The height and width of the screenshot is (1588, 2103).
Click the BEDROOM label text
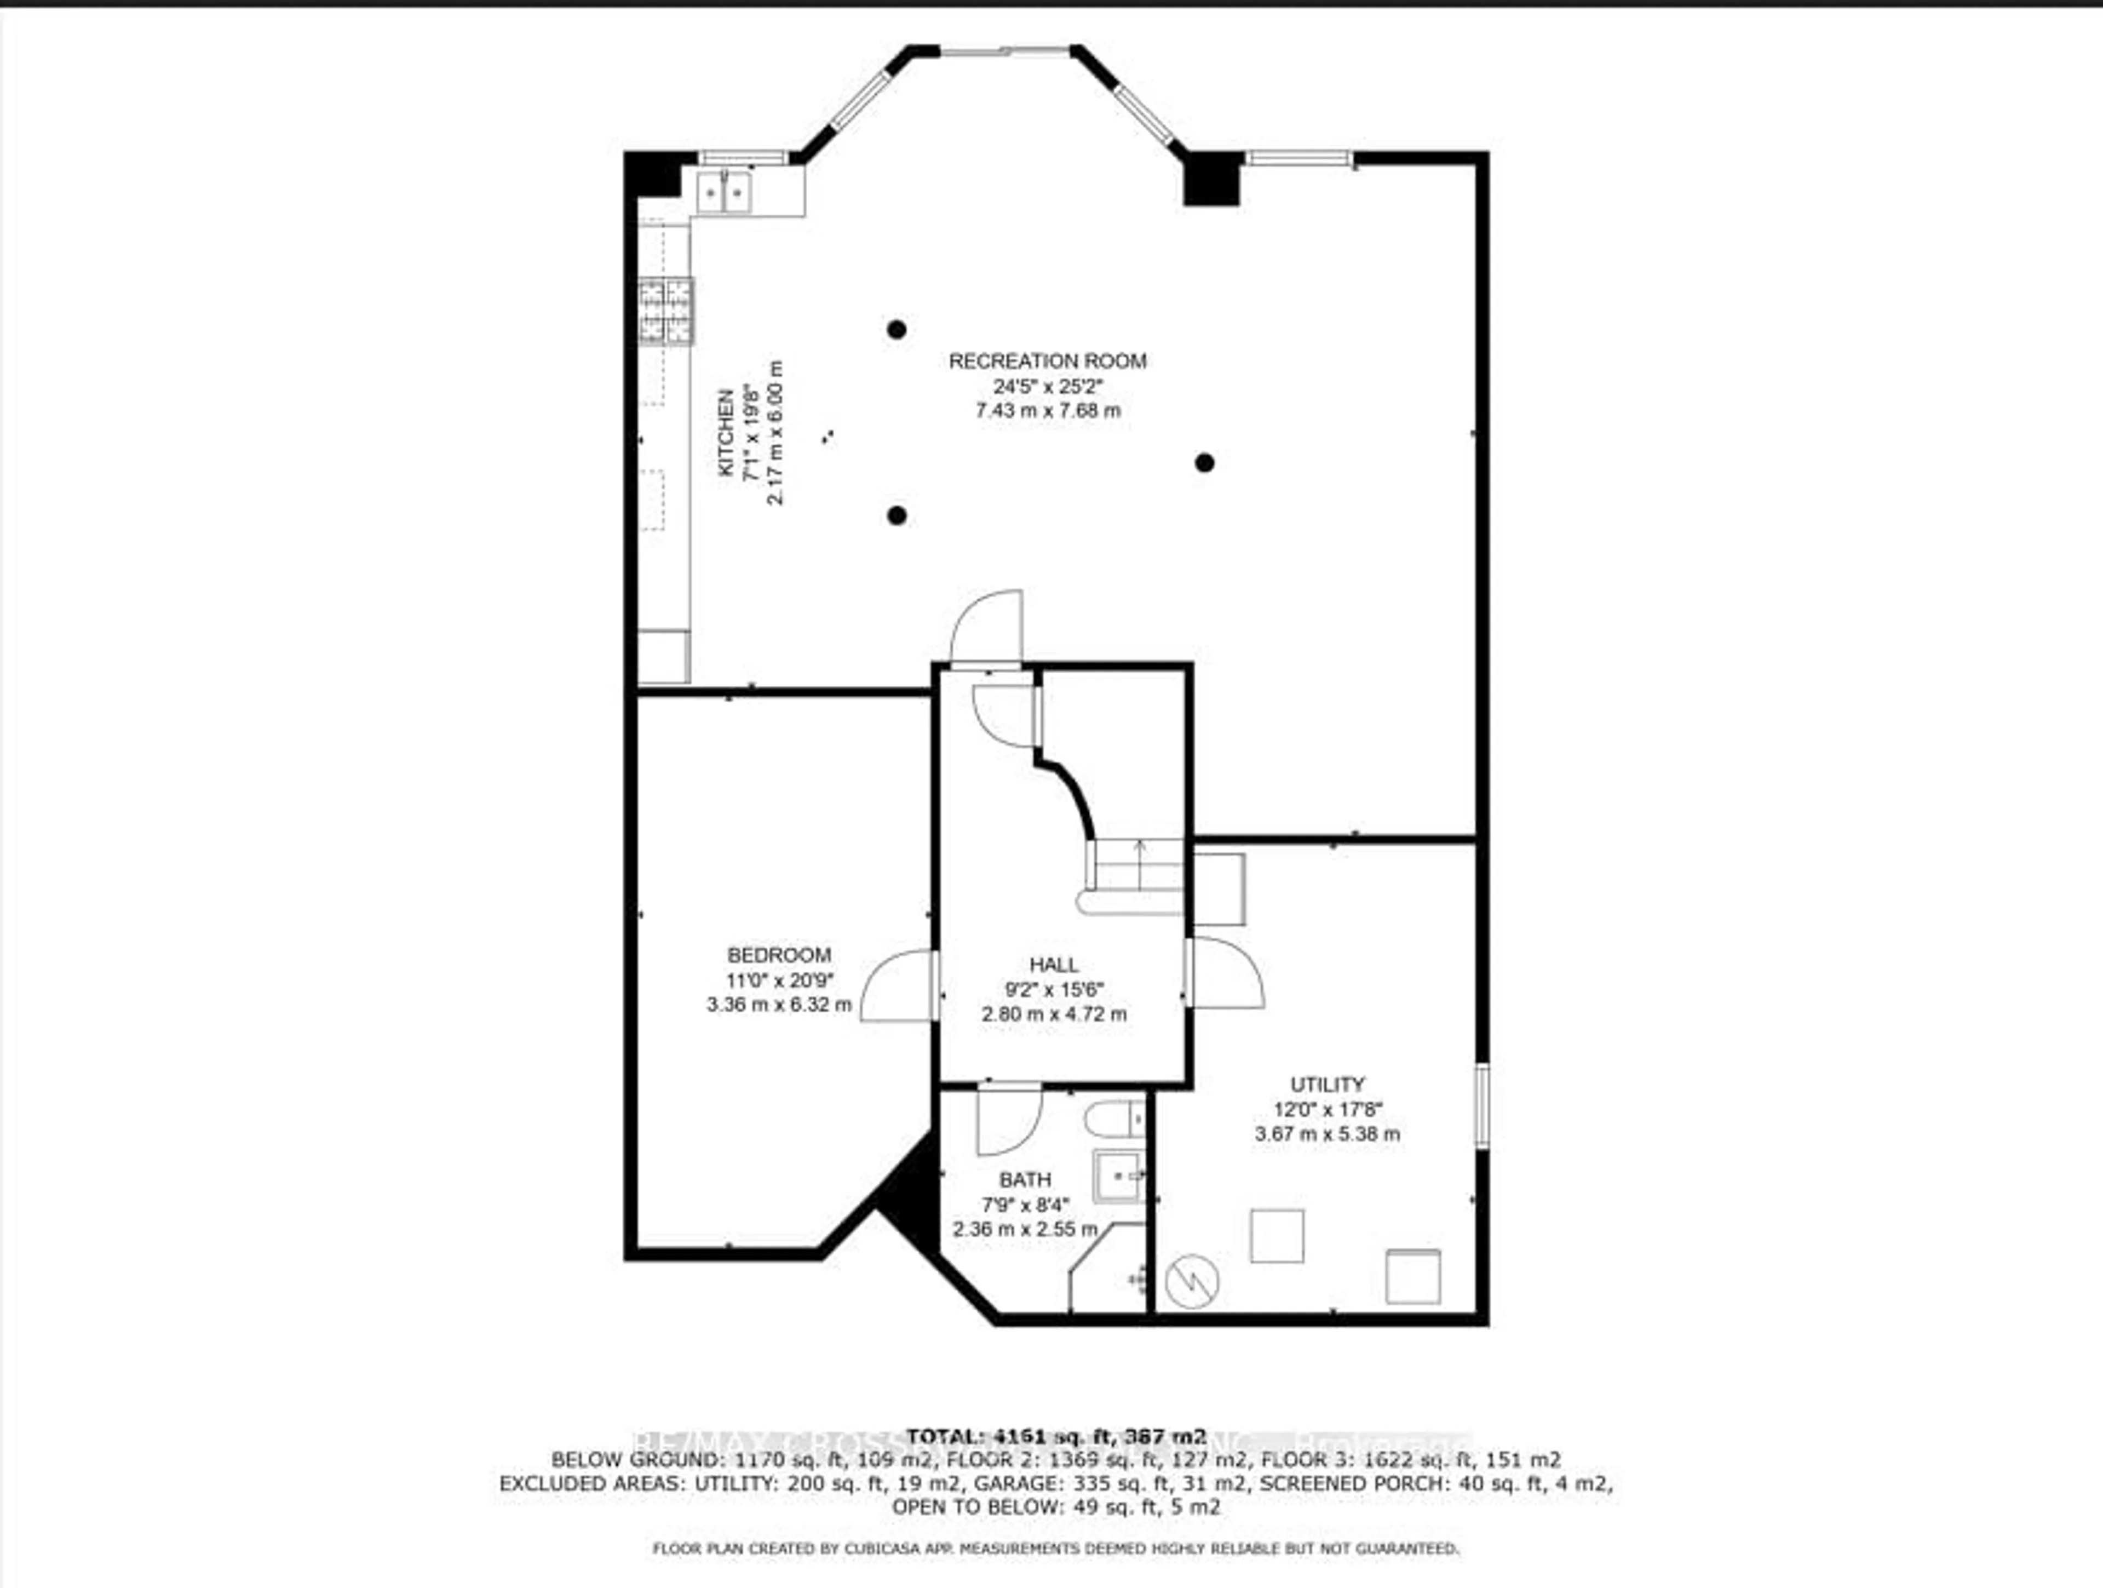tap(779, 955)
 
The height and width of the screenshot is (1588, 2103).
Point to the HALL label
tap(1053, 964)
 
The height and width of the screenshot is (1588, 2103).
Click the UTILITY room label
tap(1327, 1084)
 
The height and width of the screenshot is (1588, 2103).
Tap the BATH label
tap(1025, 1180)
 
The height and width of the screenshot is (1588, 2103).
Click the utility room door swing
tap(1226, 972)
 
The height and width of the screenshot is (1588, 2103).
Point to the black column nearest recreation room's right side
tap(1204, 463)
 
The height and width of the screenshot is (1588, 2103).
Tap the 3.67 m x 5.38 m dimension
tap(1327, 1133)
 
